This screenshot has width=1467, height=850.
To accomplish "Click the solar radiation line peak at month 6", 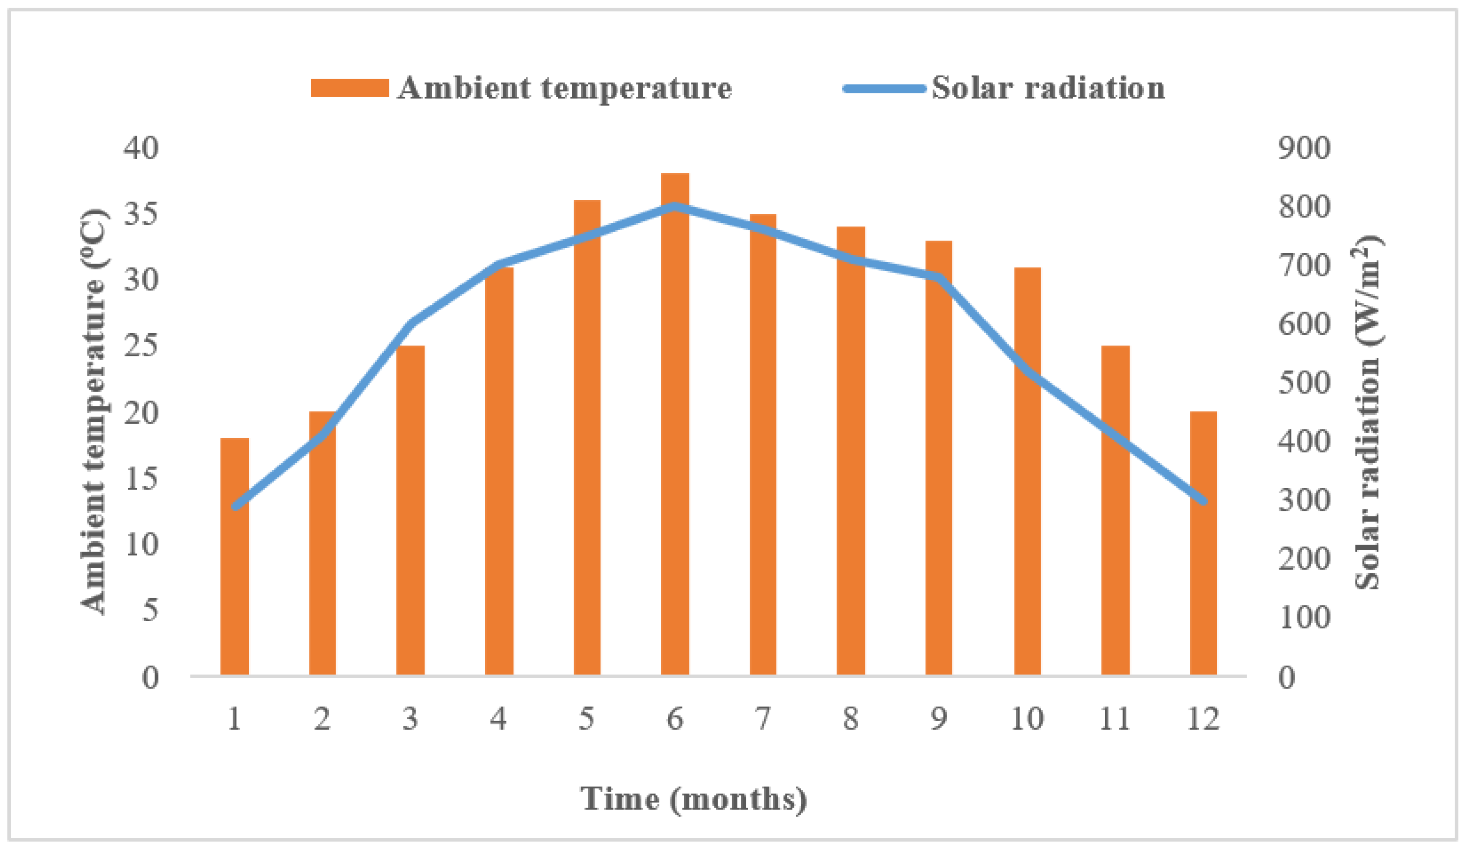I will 675,206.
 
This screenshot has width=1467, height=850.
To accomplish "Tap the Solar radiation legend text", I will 1048,88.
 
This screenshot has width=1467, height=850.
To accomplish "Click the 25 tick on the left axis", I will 140,346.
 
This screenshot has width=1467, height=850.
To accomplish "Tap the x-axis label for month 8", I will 850,718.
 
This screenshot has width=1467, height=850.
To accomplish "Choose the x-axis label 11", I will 1114,718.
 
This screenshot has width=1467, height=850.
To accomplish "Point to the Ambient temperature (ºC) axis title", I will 93,411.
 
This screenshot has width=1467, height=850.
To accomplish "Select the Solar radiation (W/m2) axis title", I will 1368,411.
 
